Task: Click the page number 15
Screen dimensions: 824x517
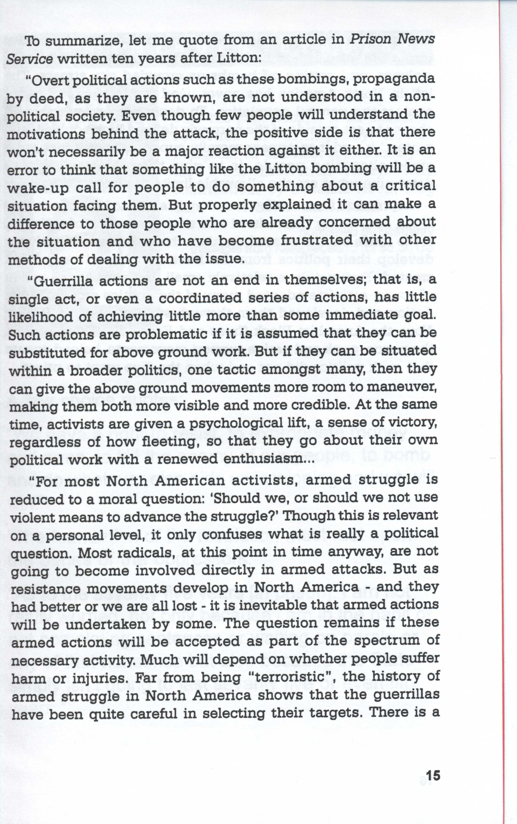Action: pos(433,766)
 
